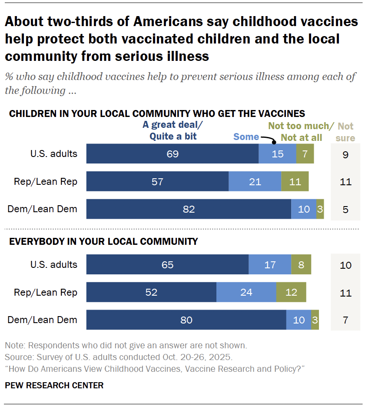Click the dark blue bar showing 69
(x=173, y=154)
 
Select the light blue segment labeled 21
(x=255, y=181)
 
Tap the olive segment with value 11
(x=295, y=181)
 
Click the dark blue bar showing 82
(x=189, y=209)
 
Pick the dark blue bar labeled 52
(x=151, y=292)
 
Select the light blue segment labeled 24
(x=246, y=292)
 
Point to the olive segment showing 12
(x=291, y=292)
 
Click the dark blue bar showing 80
(x=186, y=320)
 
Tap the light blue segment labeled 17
(x=270, y=265)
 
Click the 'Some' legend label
(x=246, y=137)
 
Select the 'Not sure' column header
(x=345, y=132)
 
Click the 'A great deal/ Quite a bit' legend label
(x=173, y=131)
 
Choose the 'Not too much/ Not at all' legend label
(x=301, y=132)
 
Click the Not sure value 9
(x=345, y=154)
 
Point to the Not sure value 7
(x=345, y=320)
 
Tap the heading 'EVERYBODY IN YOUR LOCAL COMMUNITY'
(x=103, y=241)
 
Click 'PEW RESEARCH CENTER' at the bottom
(x=54, y=385)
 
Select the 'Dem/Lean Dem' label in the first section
(x=43, y=209)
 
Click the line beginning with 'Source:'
(x=119, y=357)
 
